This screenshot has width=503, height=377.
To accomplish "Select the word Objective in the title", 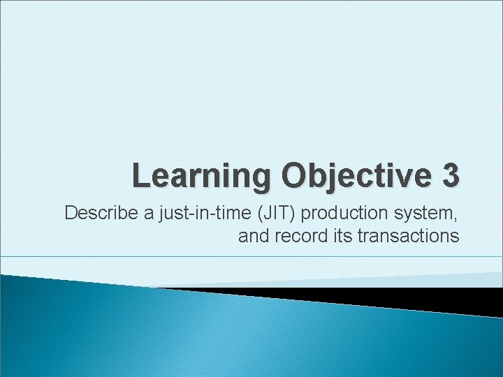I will (355, 177).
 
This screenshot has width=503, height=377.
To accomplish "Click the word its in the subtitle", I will (342, 236).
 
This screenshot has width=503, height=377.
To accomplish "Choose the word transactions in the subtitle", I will (408, 236).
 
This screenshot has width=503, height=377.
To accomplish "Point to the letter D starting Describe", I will (71, 213).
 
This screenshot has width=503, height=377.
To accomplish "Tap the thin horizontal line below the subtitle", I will (251, 257).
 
